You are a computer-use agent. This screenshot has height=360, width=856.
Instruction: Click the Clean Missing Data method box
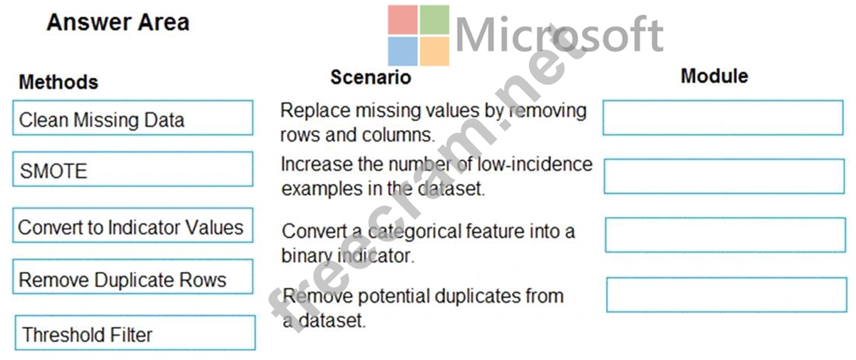pos(133,117)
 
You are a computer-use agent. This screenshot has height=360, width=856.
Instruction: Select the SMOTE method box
pos(133,169)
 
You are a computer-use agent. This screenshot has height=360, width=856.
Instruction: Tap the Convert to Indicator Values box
pos(133,225)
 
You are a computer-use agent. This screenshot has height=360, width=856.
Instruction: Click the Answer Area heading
pos(118,23)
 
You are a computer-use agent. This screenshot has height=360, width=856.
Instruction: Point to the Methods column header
pos(58,82)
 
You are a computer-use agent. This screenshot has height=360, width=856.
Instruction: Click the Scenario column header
pos(370,77)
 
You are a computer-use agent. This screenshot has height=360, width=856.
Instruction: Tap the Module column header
pos(714,76)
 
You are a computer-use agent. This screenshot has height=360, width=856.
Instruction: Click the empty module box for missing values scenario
pos(723,117)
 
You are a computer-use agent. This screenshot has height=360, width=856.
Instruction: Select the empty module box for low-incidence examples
pos(724,176)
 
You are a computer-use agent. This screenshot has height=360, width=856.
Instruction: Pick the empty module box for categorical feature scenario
pos(725,235)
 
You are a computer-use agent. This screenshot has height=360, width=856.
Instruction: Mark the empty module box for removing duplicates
pos(726,295)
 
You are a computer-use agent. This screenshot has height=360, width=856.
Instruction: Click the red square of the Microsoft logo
pos(403,19)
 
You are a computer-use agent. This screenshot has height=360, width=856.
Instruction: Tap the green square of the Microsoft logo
pos(435,19)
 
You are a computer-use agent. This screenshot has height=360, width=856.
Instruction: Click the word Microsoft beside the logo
pos(559,34)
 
